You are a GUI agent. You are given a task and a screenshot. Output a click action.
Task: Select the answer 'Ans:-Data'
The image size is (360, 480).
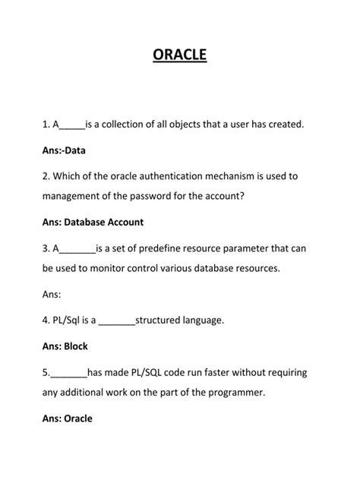[64, 150]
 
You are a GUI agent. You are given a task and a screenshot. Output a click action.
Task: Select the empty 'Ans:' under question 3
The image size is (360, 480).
[53, 294]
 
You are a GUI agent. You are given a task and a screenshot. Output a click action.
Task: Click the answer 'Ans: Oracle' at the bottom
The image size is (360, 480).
[67, 418]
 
